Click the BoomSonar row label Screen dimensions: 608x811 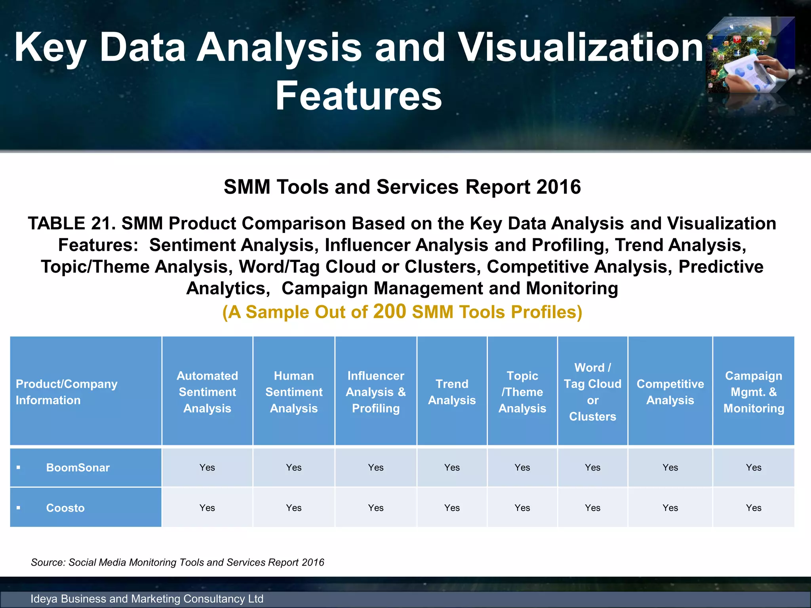click(x=78, y=467)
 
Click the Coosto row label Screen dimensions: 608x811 click(x=65, y=508)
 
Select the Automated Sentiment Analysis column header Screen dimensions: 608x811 click(x=207, y=392)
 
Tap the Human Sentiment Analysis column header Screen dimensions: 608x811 click(x=294, y=392)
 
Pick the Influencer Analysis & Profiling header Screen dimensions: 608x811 click(x=375, y=392)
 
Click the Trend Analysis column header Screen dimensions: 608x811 click(x=452, y=392)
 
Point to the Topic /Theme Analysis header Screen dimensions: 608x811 click(x=522, y=392)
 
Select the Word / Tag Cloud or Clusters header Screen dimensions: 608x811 click(x=592, y=392)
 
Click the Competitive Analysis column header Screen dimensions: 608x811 click(x=670, y=392)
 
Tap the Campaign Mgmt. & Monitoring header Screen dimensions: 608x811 click(x=754, y=392)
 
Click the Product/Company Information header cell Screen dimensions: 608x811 click(x=67, y=392)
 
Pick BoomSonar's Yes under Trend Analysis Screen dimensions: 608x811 click(x=452, y=467)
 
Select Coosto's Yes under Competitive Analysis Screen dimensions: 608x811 click(x=670, y=508)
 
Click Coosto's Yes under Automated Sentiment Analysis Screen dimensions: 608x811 click(x=207, y=508)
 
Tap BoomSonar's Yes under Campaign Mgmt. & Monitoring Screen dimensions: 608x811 click(x=754, y=467)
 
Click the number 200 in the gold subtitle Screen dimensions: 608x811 click(x=389, y=311)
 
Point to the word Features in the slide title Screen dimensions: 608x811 click(x=358, y=96)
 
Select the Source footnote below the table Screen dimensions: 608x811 click(x=177, y=562)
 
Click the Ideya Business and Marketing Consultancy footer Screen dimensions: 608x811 click(x=147, y=599)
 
